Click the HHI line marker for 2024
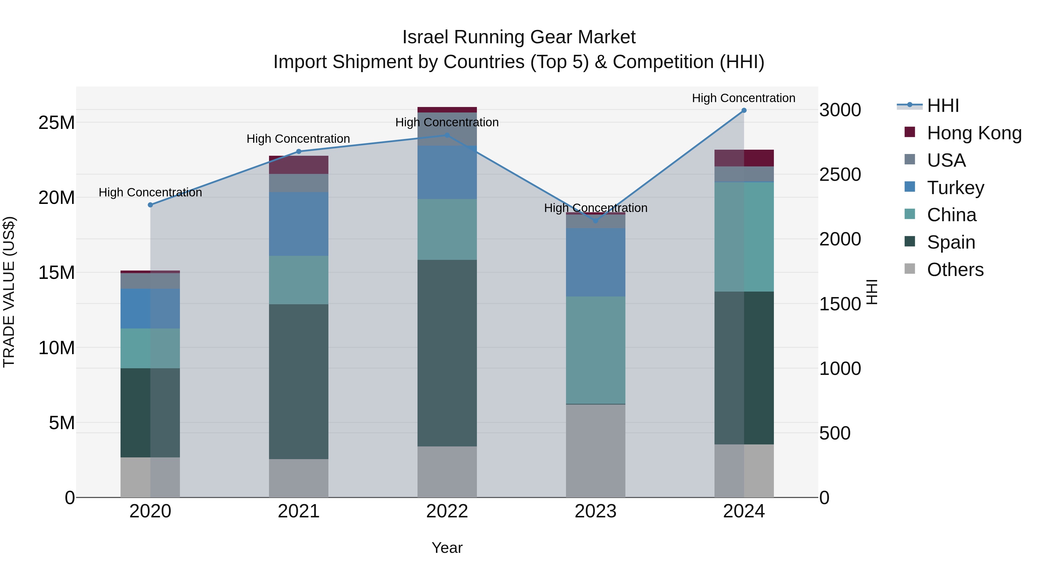coord(744,110)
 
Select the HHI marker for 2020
coord(150,205)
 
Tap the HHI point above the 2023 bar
coord(596,221)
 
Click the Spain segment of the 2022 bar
coord(447,353)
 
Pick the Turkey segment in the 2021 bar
coord(299,224)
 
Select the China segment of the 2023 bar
coord(596,350)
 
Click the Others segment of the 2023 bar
coord(596,450)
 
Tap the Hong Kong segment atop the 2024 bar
coord(744,158)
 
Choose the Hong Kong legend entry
coord(974,133)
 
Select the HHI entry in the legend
coord(943,106)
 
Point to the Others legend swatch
coord(910,269)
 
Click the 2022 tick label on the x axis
coord(447,511)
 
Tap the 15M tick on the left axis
coord(57,273)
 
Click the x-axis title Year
coord(447,548)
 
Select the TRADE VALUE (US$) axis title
coord(9,292)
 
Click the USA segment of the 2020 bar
coord(150,281)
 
